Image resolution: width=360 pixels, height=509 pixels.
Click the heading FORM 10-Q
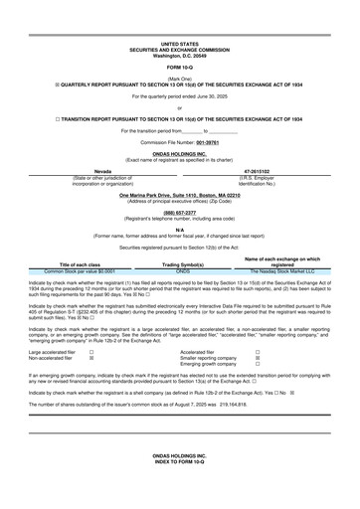tap(179, 67)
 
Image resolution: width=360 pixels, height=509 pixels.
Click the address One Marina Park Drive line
tap(179, 196)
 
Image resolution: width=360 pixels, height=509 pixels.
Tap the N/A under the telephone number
tap(179, 230)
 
